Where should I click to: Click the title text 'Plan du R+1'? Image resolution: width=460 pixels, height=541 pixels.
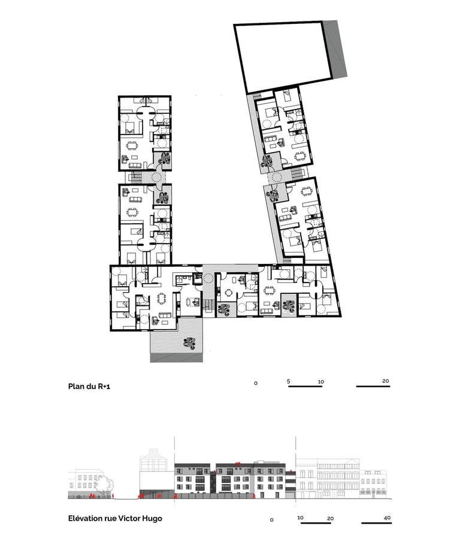[x=89, y=387]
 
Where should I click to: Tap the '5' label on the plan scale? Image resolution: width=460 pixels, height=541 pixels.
[x=288, y=381]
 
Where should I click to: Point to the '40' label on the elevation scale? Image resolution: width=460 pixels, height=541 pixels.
[x=387, y=518]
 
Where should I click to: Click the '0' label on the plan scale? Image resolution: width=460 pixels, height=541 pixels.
[x=256, y=383]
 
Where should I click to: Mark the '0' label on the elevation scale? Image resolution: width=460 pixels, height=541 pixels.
[x=271, y=520]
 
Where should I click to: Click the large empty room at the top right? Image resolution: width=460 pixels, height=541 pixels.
[x=283, y=55]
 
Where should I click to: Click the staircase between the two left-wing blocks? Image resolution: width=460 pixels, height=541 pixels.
[x=134, y=178]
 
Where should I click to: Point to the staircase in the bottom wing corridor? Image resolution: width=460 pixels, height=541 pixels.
[x=207, y=305]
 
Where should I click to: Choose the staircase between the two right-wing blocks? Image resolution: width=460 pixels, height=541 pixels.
[x=296, y=172]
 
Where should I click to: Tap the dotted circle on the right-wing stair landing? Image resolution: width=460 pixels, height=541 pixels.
[x=276, y=178]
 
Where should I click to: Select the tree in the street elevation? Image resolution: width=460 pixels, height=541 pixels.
[x=104, y=485]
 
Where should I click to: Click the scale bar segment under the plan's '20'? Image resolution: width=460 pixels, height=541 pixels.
[x=373, y=387]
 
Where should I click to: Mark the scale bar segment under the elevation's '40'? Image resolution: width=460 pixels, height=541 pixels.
[x=376, y=523]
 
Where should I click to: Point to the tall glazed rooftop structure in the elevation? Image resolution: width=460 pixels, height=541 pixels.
[x=153, y=460]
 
